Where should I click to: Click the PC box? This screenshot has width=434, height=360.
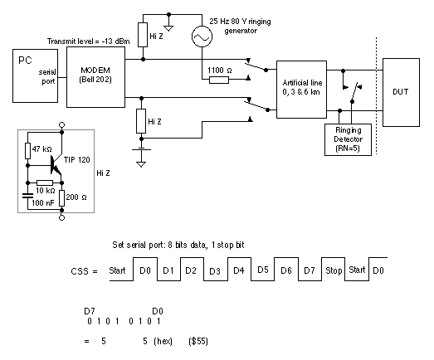click(x=35, y=75)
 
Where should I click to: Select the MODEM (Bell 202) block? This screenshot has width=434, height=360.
click(x=95, y=77)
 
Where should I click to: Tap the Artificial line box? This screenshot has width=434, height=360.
click(x=301, y=90)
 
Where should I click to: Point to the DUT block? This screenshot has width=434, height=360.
click(x=401, y=92)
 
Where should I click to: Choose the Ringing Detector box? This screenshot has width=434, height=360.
click(x=348, y=139)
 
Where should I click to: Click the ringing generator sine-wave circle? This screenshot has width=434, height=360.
click(x=202, y=36)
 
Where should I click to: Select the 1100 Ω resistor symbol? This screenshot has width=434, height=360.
click(x=219, y=80)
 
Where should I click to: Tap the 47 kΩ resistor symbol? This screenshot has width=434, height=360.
click(x=27, y=151)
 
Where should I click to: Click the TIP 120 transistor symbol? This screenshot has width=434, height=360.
click(x=56, y=165)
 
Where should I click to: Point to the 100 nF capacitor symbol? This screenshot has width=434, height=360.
click(x=27, y=196)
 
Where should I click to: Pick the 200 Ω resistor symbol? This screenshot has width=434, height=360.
click(x=62, y=198)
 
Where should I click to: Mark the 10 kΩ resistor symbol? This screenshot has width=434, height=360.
click(x=45, y=183)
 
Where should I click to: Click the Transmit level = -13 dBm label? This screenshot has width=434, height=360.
click(x=88, y=41)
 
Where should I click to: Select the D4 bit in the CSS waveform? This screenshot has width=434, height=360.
click(x=239, y=270)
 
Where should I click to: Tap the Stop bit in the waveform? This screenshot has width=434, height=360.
click(x=334, y=270)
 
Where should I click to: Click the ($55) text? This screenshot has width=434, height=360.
click(x=198, y=341)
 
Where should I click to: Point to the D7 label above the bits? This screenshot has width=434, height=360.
click(x=90, y=311)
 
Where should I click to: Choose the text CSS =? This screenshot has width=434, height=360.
click(x=84, y=271)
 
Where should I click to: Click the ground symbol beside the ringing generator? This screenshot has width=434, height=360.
click(x=168, y=28)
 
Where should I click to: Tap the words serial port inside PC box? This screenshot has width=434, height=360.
click(x=47, y=76)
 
